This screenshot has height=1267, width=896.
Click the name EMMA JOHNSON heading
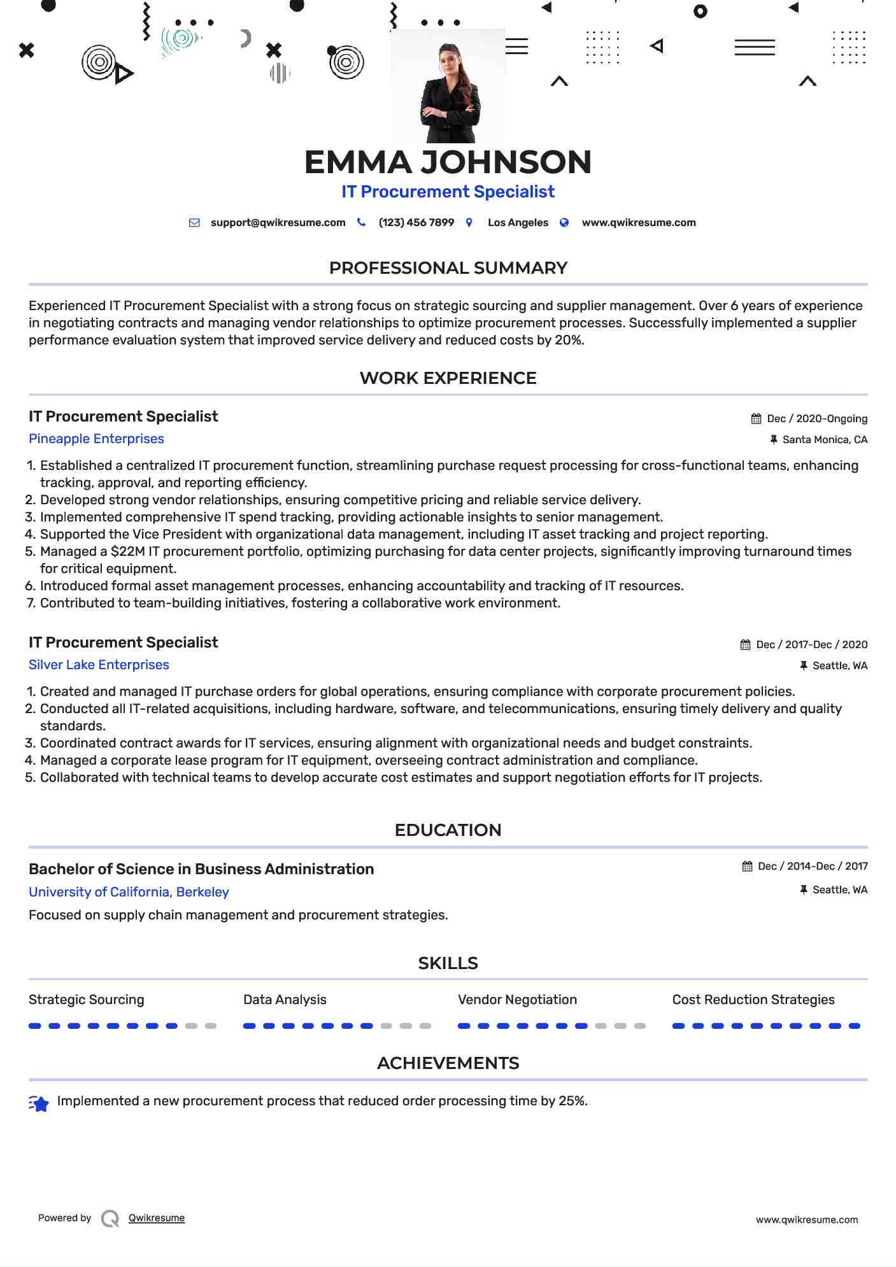448,162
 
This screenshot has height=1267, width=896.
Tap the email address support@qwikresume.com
278,223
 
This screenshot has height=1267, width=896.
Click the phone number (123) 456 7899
416,223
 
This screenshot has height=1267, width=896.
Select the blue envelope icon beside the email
194,223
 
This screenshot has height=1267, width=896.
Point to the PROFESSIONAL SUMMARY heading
448,268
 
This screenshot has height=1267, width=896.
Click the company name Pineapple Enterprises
96,439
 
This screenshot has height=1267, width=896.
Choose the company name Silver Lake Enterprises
99,665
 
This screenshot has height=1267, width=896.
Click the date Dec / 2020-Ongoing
816,419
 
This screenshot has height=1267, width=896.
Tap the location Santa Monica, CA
824,440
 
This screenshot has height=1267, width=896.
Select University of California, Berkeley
129,892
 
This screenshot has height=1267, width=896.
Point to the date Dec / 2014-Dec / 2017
813,867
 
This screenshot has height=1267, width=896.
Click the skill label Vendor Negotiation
517,1000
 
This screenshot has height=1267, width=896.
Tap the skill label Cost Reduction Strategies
753,1000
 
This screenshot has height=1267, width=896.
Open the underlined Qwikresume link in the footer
156,1218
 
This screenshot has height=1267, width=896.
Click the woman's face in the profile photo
449,59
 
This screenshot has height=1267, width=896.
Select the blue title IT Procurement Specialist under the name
448,192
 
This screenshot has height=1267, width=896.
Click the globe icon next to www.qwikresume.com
564,223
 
